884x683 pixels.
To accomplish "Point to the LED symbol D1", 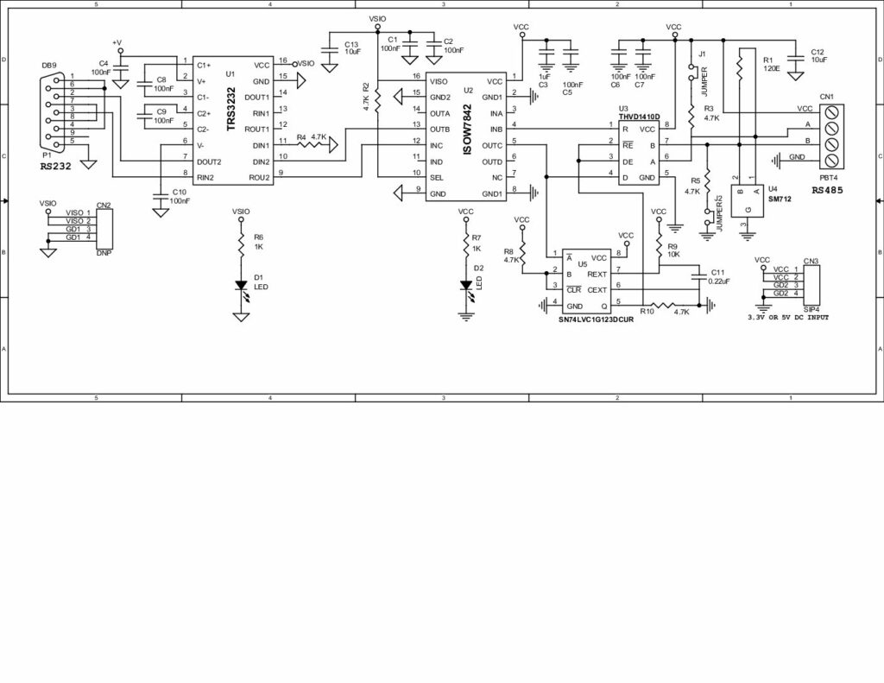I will (242, 290).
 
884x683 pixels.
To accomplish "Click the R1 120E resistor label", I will (771, 63).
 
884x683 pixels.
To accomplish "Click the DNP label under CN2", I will (104, 254).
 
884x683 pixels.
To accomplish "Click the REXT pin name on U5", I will (597, 274).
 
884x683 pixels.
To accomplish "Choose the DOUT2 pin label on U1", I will (210, 161).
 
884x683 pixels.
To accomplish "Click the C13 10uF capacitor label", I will (351, 47).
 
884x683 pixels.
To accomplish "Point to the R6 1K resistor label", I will (258, 241).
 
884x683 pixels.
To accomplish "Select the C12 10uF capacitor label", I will (818, 56).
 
